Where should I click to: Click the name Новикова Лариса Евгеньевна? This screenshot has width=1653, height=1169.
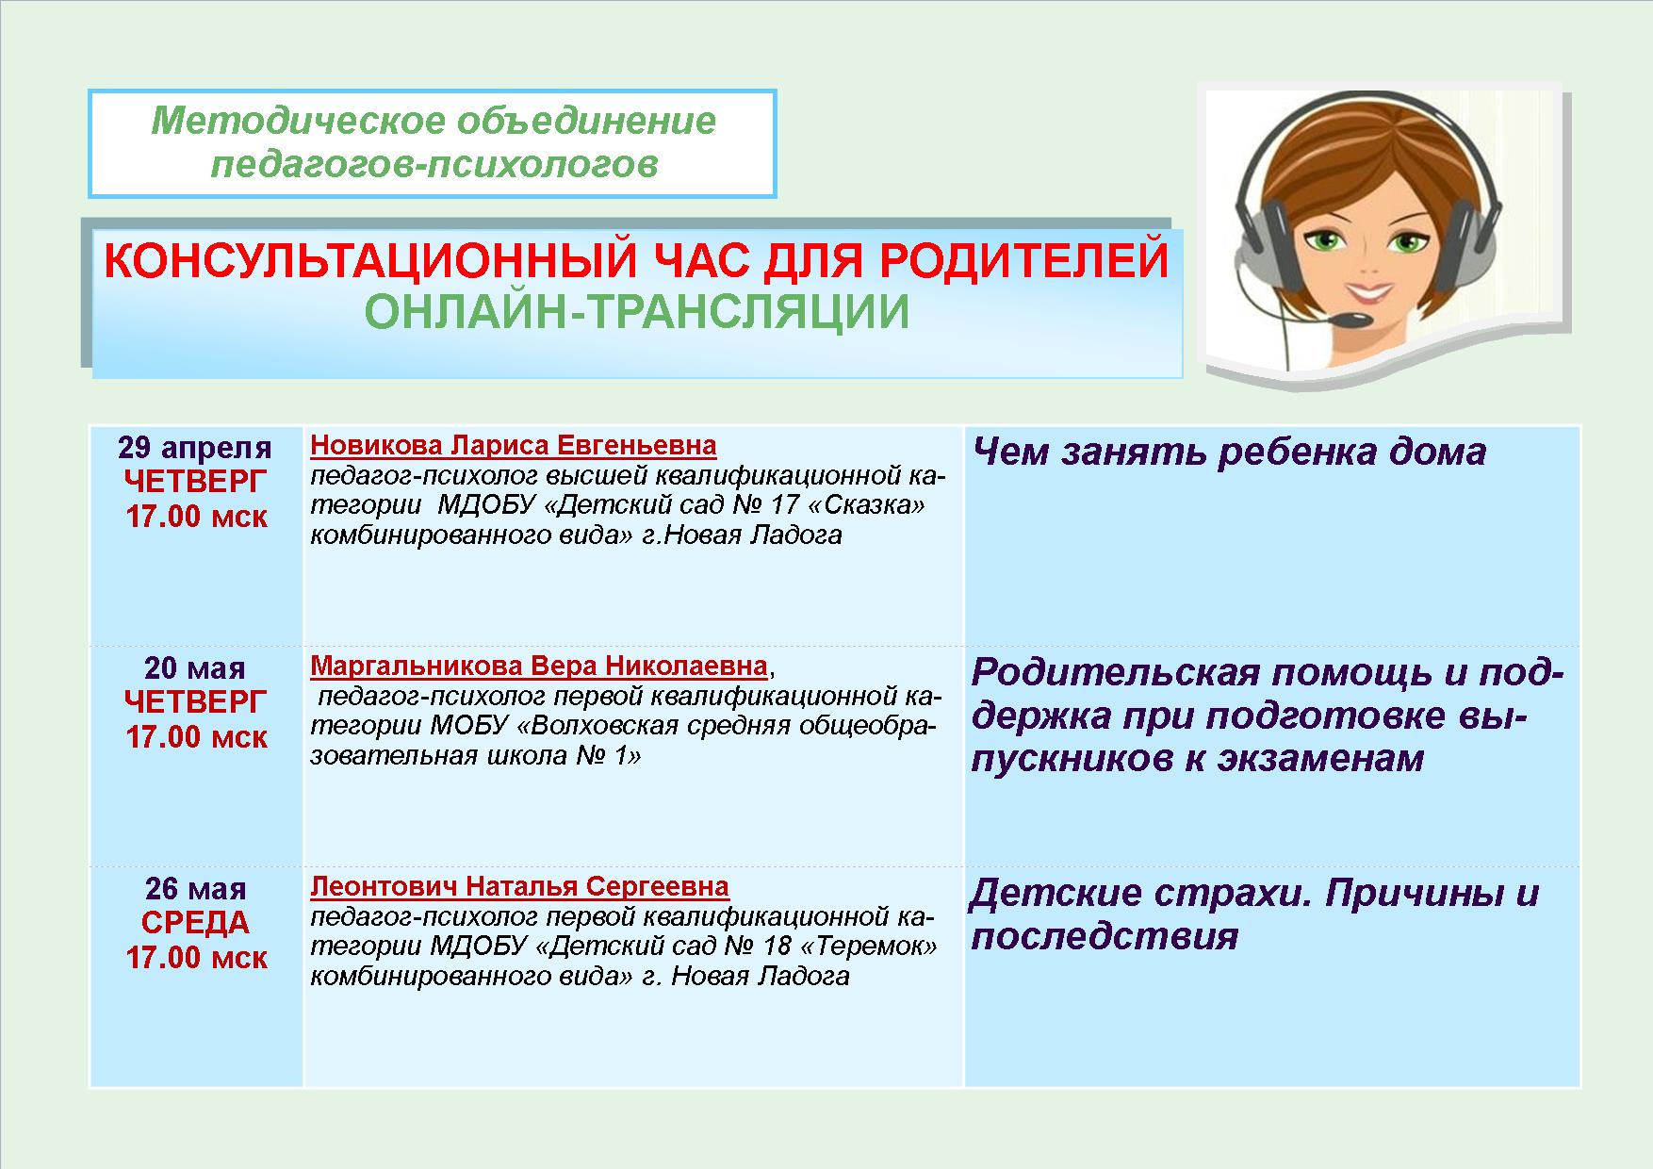coord(514,445)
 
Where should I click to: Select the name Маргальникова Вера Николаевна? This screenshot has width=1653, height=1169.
coord(539,667)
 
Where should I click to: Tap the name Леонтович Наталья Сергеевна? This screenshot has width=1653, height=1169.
coord(519,887)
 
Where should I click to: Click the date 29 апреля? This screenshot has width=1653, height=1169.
coord(195,448)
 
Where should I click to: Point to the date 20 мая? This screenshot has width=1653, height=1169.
coord(195,668)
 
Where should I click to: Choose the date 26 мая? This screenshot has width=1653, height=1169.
coord(195,889)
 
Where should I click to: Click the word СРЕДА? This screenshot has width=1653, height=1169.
coord(195,923)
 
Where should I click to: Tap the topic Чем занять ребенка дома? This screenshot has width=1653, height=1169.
coord(1229,453)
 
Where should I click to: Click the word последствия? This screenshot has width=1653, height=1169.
coord(1105,936)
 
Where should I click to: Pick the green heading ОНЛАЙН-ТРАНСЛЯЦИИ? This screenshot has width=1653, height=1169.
coord(637,314)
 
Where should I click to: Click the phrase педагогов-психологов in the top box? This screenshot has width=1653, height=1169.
coord(434,165)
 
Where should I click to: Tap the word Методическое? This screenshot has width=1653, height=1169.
coord(297,122)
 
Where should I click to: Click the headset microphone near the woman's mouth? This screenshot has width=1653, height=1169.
coord(1352,320)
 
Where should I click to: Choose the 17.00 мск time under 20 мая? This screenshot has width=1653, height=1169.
coord(196,737)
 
